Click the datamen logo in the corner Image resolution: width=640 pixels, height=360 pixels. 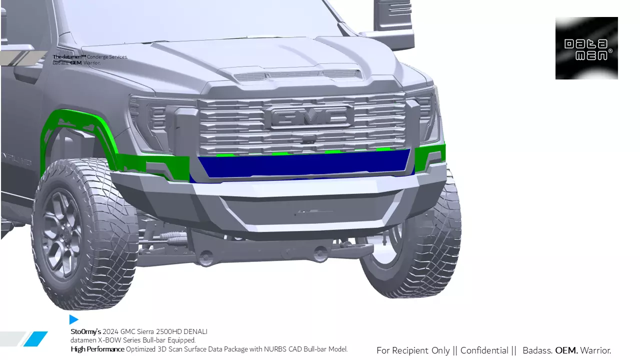pos(586,48)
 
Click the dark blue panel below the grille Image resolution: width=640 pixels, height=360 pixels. pos(305,163)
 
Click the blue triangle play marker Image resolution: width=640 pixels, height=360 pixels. pos(74,319)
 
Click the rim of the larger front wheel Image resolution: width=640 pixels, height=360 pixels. pos(62,232)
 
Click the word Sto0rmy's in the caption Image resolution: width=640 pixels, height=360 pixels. pos(86,331)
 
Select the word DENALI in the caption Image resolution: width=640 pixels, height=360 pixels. pos(195,331)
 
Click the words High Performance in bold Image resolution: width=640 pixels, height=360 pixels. pos(97,349)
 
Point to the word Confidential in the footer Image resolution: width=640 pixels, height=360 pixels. pos(484,350)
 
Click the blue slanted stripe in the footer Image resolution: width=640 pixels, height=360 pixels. pos(35,338)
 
